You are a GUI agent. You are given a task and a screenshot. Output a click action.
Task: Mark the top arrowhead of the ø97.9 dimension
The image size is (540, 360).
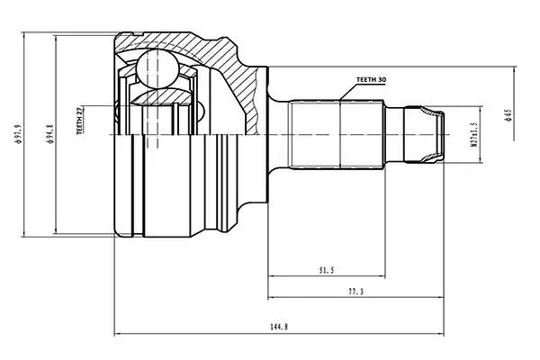coord(25,36)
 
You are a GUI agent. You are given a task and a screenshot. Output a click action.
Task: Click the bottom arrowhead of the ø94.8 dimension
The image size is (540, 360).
coord(58,230)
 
